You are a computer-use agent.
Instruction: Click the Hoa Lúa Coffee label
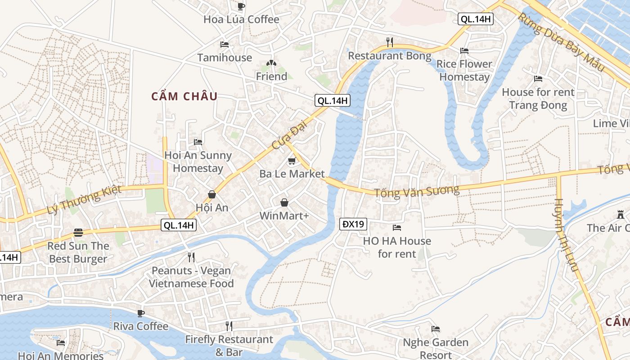[241, 19]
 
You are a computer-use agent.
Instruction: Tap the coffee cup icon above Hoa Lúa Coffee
[241, 6]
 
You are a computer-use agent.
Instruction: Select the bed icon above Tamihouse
[225, 45]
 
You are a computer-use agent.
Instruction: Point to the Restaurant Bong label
[390, 56]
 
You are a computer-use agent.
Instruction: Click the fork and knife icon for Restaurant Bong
[390, 42]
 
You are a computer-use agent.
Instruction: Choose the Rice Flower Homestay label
[464, 71]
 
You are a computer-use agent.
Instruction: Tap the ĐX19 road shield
[353, 224]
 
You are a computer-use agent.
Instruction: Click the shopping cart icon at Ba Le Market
[292, 161]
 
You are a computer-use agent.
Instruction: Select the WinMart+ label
[284, 216]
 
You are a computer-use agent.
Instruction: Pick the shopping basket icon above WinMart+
[284, 202]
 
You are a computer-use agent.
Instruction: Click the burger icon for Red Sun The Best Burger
[79, 233]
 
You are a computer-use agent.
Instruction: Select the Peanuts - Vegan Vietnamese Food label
[191, 277]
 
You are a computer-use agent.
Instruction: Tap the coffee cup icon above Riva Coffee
[141, 313]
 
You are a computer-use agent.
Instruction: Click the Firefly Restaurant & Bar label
[229, 346]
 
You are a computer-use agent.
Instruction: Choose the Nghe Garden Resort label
[435, 348]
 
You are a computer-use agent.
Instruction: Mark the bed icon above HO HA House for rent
[397, 228]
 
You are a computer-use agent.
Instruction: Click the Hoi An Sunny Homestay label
[198, 162]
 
